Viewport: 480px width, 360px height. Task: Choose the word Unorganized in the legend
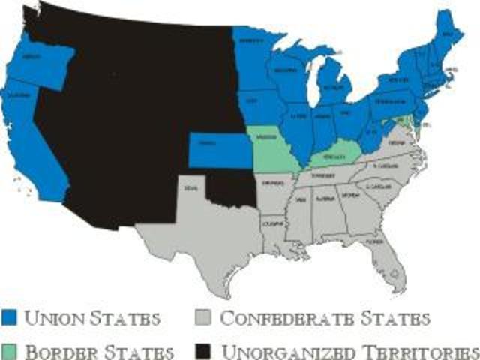[285, 351]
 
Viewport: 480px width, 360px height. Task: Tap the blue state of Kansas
[219, 150]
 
